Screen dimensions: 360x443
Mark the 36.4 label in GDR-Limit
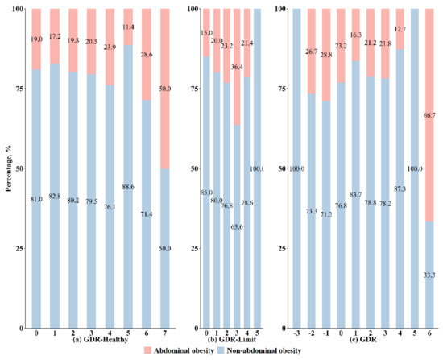[236, 67]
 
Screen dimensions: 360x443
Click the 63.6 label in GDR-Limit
[236, 227]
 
